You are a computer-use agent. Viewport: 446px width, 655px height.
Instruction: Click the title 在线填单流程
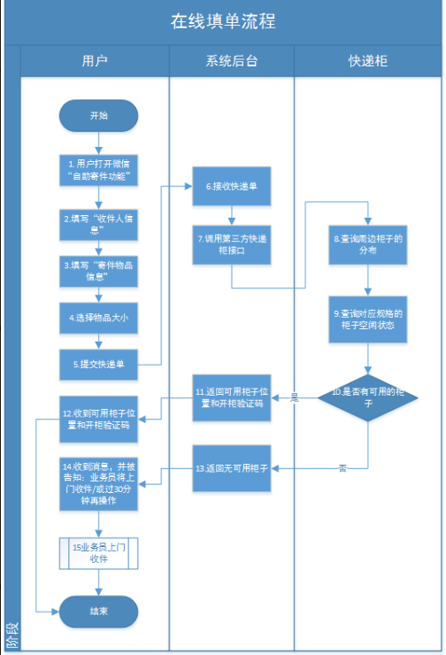tap(223, 21)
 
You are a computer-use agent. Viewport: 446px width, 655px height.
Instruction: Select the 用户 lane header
tap(95, 61)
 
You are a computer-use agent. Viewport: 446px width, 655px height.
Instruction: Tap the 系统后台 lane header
tap(231, 61)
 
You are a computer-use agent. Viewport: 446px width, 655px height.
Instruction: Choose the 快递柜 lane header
tap(368, 61)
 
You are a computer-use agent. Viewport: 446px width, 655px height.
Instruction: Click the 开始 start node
tap(98, 116)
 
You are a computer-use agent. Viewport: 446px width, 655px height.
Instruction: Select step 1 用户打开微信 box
tap(98, 171)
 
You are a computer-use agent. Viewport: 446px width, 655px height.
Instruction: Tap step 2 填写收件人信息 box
tap(98, 224)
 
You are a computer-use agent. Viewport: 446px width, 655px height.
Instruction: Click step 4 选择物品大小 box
tap(98, 317)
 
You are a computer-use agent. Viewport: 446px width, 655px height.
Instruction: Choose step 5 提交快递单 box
tap(98, 363)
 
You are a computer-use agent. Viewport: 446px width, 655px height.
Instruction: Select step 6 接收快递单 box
tap(231, 188)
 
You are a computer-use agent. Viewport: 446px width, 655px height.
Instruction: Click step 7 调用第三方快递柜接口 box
tap(231, 244)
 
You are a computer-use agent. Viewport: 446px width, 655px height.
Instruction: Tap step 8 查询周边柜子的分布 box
tap(368, 244)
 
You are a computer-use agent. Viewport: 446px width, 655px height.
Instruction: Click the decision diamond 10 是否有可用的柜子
tap(368, 397)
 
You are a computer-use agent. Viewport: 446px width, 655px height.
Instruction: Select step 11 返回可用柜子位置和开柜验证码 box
tap(231, 397)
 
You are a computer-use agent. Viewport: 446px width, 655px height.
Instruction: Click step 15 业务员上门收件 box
tap(98, 553)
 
